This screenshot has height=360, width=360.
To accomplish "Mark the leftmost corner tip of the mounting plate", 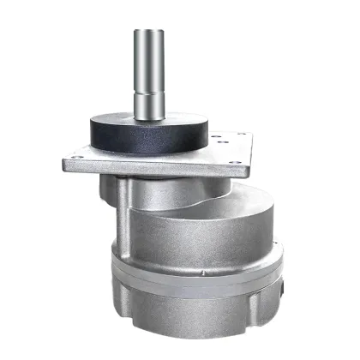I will point(61,160).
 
